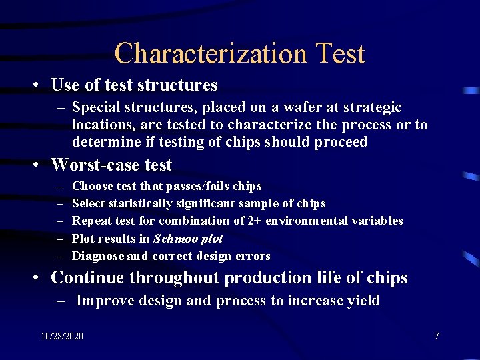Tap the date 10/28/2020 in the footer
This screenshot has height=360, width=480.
point(62,336)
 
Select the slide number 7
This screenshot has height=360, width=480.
point(437,336)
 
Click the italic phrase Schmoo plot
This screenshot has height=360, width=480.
point(188,238)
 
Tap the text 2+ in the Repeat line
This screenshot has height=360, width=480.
point(255,221)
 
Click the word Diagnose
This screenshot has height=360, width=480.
point(98,256)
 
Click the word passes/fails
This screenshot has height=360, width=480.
point(196,186)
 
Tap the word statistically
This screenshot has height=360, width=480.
point(139,203)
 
